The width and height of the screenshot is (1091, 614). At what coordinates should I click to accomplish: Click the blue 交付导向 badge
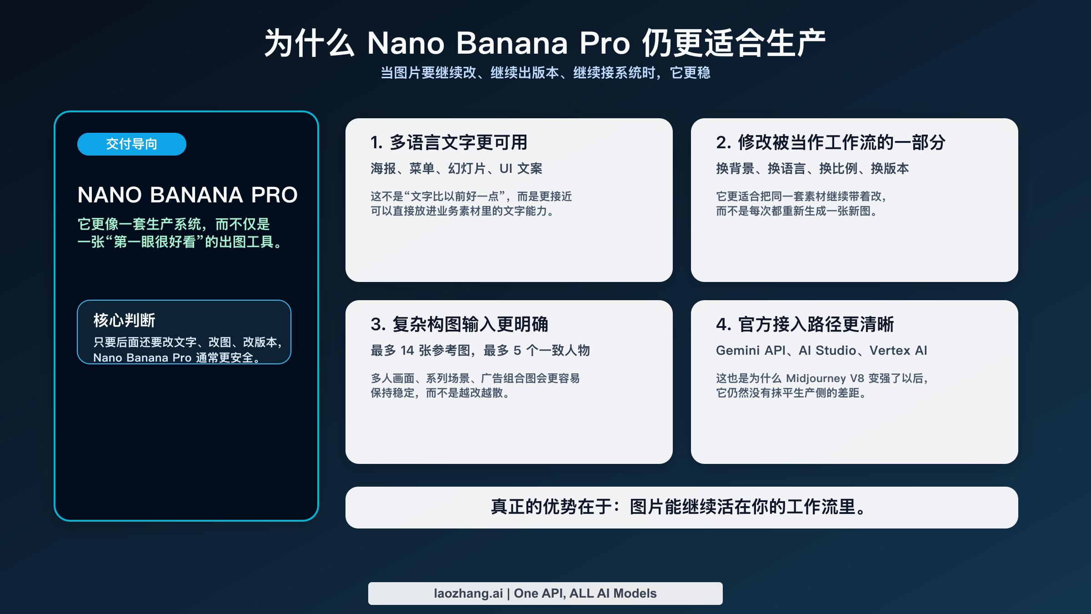click(x=131, y=144)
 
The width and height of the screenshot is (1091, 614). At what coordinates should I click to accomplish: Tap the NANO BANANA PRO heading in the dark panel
click(x=187, y=195)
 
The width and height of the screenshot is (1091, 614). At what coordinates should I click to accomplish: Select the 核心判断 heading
click(x=124, y=320)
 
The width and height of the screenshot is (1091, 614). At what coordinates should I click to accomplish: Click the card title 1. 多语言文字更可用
click(x=449, y=142)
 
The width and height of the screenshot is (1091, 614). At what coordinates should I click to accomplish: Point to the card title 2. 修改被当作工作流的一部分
click(x=831, y=142)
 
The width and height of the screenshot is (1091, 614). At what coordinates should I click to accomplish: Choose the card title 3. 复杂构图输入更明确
click(x=459, y=324)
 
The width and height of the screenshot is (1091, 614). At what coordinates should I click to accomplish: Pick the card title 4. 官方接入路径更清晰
click(x=805, y=324)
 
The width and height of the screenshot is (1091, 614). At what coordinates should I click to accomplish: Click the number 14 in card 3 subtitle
click(x=407, y=351)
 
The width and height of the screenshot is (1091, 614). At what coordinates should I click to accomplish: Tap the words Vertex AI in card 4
click(x=898, y=351)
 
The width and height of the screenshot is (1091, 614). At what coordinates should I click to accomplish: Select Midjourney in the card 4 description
click(x=816, y=378)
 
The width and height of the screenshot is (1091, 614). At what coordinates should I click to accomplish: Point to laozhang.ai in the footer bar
click(x=468, y=594)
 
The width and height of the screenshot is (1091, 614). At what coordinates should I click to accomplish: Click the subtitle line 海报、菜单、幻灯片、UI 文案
click(x=456, y=169)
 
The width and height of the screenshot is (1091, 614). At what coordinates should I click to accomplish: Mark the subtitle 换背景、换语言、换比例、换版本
click(x=812, y=169)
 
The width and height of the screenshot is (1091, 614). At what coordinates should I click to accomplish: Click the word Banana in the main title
click(x=512, y=44)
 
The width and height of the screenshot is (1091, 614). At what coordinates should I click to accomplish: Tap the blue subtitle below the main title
click(x=545, y=73)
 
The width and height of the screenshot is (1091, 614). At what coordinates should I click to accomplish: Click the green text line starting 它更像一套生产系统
click(x=174, y=224)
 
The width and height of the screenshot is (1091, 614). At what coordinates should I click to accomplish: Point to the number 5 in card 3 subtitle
click(x=517, y=351)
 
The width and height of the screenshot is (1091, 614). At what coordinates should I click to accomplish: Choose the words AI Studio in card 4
click(x=827, y=351)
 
